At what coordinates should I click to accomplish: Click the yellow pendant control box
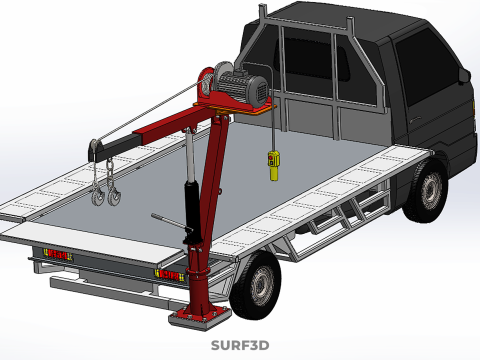click(x=274, y=165)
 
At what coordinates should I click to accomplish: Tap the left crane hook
click(x=99, y=197)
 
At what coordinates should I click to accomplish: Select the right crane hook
click(x=114, y=197)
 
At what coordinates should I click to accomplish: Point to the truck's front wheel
click(x=426, y=191)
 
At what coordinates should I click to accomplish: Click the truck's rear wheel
click(x=255, y=286)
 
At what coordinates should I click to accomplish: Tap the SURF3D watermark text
click(x=240, y=345)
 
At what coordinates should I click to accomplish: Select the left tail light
click(x=58, y=255)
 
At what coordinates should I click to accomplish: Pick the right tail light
click(x=169, y=275)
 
